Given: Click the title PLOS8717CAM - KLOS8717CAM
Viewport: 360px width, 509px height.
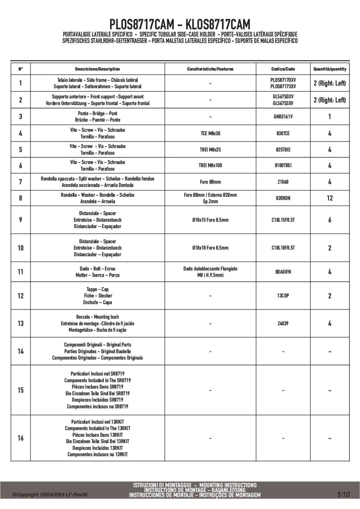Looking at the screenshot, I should [x=180, y=25].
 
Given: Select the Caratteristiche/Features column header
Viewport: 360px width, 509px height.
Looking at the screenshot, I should [x=210, y=69].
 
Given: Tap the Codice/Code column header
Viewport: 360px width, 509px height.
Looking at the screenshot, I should [x=283, y=69].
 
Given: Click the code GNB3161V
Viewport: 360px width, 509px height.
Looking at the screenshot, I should [x=283, y=117].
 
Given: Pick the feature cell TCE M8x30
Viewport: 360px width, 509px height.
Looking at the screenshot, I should [x=210, y=134].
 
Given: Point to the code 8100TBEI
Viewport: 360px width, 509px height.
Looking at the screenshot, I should [x=283, y=166].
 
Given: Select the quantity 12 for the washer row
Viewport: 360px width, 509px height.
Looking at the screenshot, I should [x=329, y=198].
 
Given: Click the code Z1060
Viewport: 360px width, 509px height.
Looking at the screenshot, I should [x=283, y=182].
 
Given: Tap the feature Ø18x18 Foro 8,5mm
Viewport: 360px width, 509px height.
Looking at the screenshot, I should [x=210, y=248].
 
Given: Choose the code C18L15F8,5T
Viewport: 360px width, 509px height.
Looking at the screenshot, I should [x=283, y=220].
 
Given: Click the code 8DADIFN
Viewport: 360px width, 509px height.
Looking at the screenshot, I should [x=283, y=272].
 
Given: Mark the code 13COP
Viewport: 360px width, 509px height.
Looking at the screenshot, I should [x=283, y=296].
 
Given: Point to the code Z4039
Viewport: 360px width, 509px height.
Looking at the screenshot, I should [x=283, y=323].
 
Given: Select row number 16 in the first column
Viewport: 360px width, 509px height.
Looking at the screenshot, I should [x=20, y=438].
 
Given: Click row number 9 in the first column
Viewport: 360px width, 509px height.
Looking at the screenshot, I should [x=20, y=220].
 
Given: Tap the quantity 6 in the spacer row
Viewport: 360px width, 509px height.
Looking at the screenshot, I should [x=329, y=220].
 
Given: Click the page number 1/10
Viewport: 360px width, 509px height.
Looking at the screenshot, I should [x=343, y=495].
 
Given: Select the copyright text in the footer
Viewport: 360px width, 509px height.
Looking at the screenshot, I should [x=50, y=495].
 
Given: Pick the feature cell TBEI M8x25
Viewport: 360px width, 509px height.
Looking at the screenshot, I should [x=210, y=150].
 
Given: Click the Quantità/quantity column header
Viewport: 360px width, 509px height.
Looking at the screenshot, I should [x=330, y=69].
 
